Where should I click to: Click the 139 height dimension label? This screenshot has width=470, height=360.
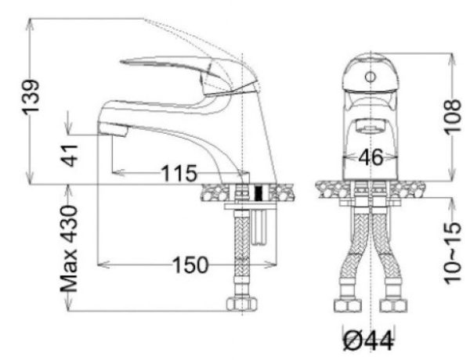31,97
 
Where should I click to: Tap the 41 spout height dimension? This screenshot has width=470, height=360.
70,156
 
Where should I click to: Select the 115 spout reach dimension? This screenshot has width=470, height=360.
179,174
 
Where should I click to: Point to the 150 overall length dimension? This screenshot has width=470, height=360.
190,265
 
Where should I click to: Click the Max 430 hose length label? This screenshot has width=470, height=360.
69,249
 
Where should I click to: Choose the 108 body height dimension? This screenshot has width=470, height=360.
452,116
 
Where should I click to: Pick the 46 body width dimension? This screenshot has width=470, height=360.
371,157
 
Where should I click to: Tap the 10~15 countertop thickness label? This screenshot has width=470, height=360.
453,253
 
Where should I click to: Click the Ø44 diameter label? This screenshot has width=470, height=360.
368,341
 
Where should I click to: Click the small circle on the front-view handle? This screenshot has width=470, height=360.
371,77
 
